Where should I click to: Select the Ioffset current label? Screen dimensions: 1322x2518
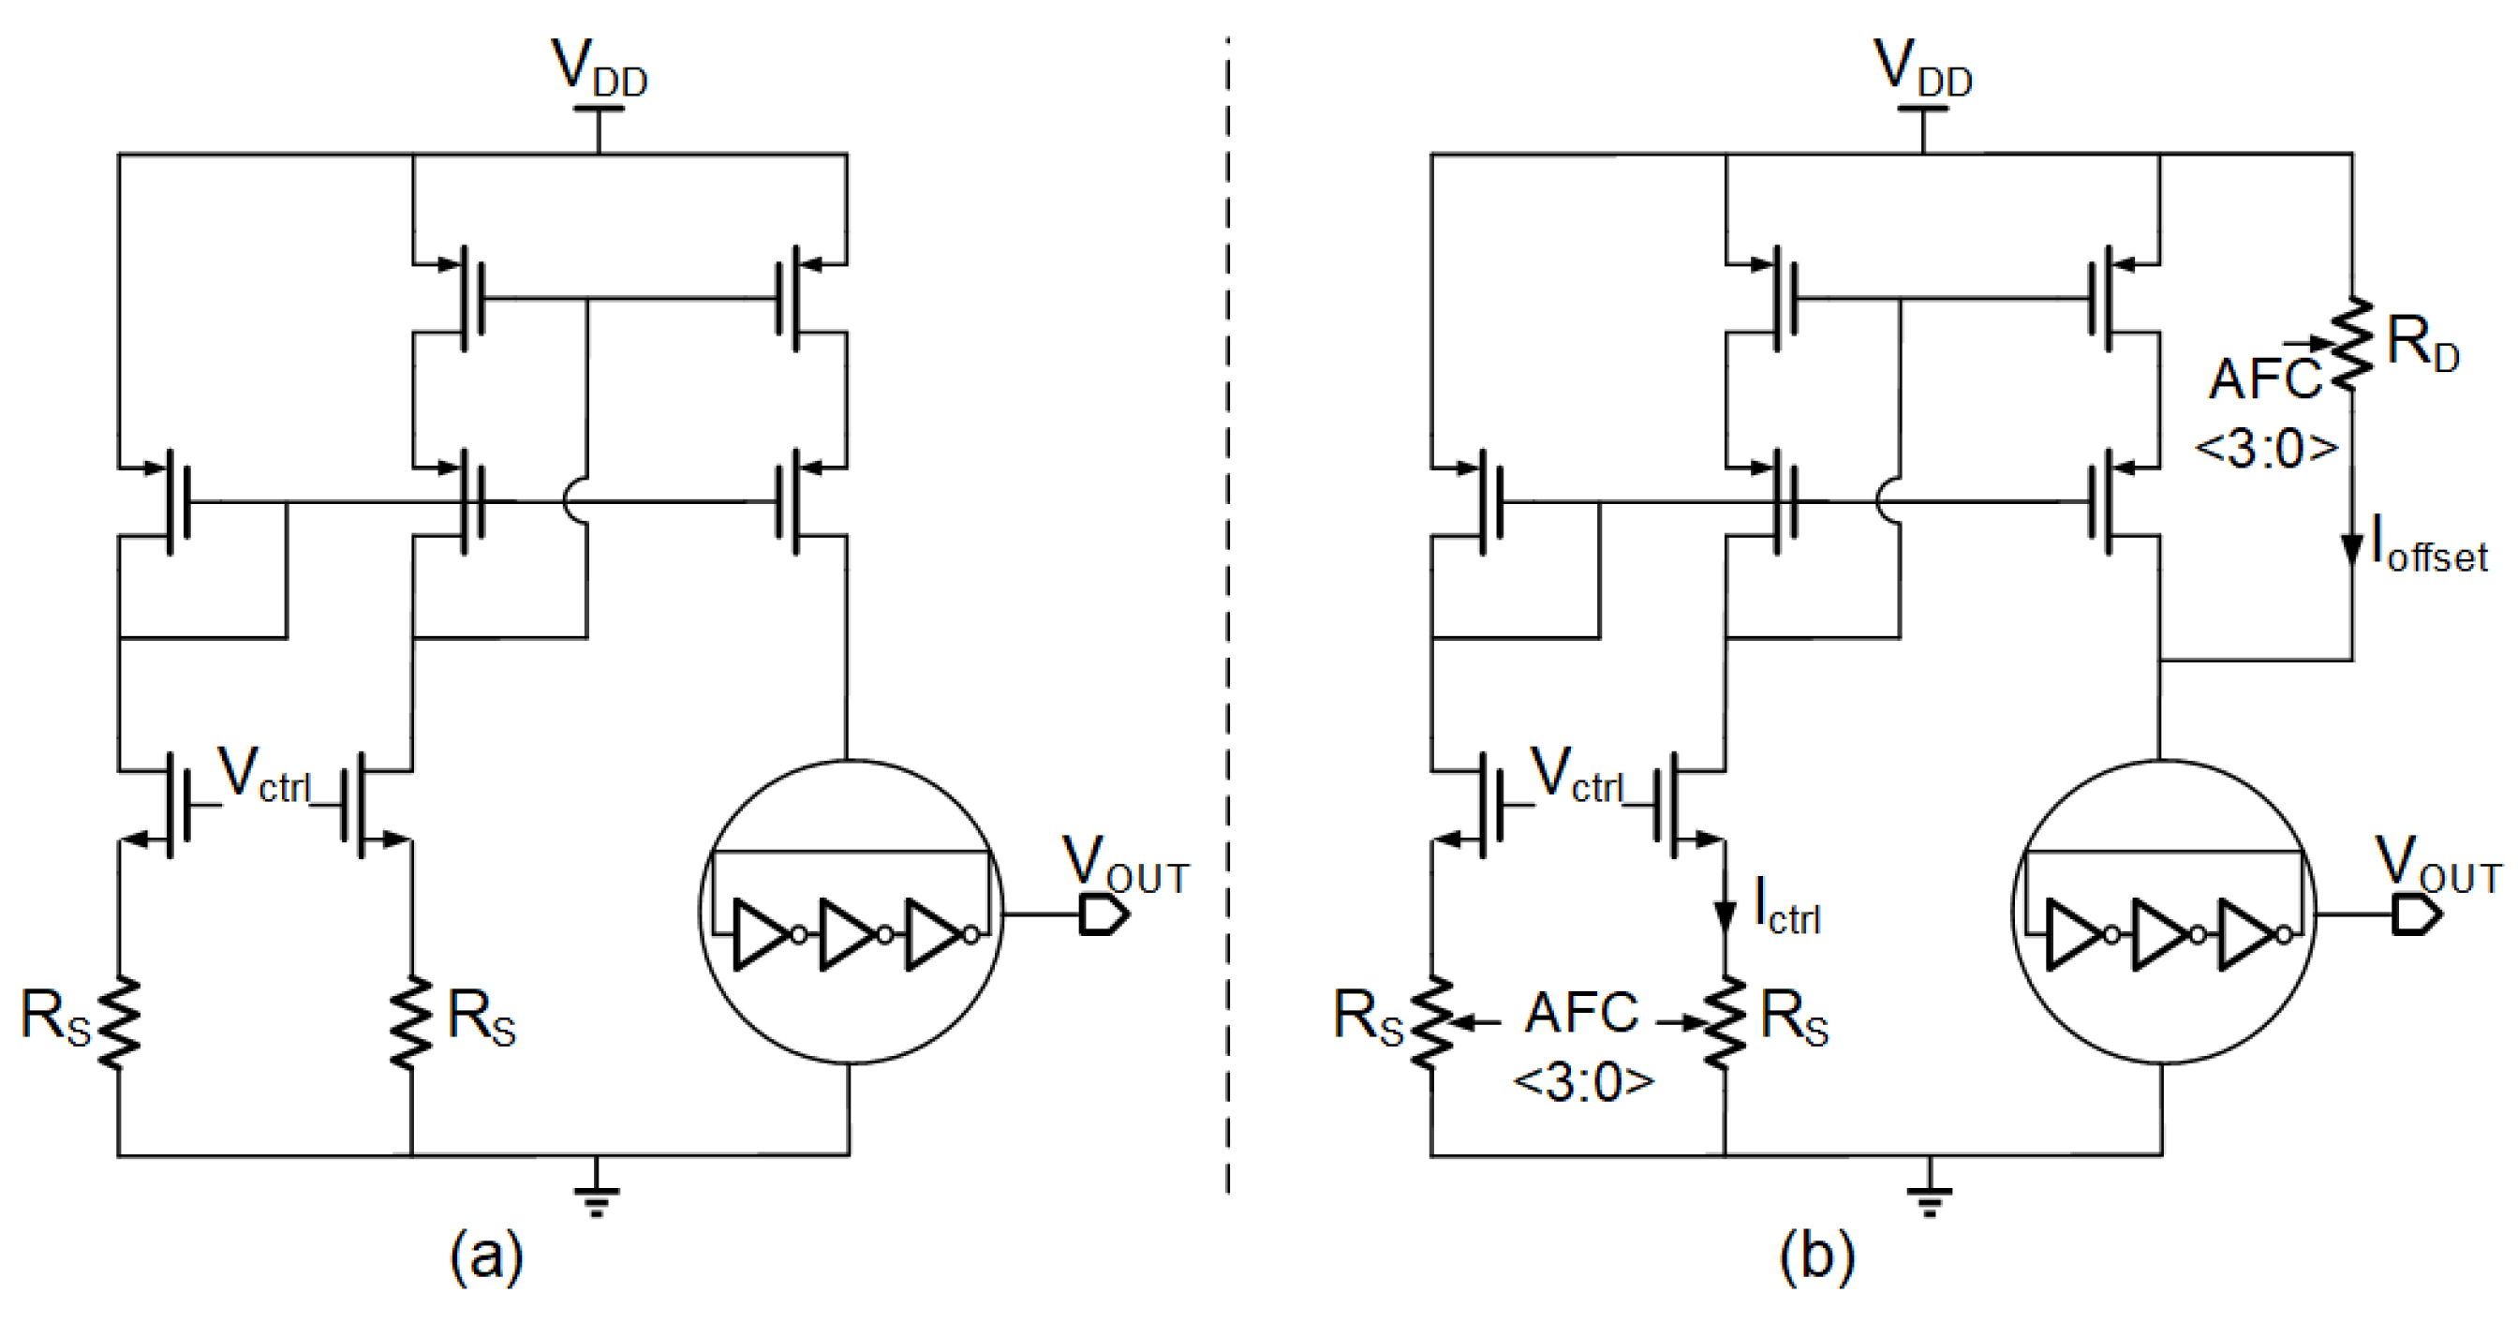coord(2428,545)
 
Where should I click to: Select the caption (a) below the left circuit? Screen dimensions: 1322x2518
coord(486,1255)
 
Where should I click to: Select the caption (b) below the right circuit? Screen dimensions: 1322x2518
coord(1816,1255)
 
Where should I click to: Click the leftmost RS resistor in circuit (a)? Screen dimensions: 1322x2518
coord(118,1022)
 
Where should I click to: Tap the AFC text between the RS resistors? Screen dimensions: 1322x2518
coord(1580,1013)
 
